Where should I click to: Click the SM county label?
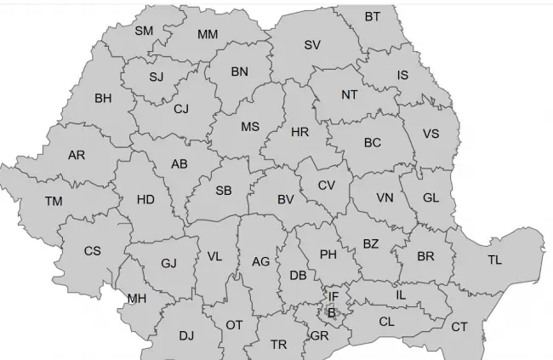point(144,31)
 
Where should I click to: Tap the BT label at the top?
point(373,17)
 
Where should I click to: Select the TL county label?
point(494,260)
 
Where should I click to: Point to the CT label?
point(459,327)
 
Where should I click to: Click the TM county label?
point(54,202)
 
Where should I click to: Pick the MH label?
point(136,299)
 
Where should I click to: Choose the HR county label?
point(299,133)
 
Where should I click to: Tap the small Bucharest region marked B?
point(332,313)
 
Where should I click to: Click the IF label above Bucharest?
point(334,296)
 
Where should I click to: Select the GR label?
point(320,336)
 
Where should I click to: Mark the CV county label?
point(327,186)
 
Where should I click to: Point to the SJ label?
point(156,77)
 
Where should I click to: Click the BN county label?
point(240,72)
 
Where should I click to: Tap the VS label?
point(430,134)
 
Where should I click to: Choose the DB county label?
point(298,276)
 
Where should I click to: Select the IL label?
point(402,294)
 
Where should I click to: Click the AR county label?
point(77,156)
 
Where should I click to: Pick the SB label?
point(224,191)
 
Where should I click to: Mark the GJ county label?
point(168,263)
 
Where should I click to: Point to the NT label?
point(349,94)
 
